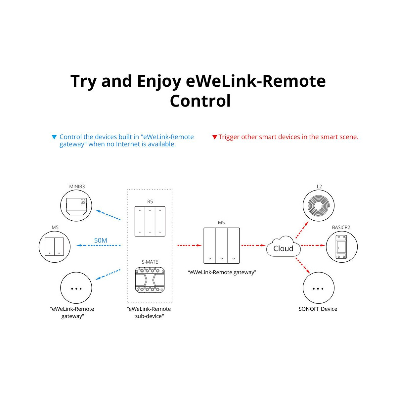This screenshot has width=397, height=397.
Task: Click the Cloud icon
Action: click(283, 246)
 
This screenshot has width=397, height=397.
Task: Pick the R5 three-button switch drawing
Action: click(150, 221)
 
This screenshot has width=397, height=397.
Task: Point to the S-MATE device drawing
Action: click(150, 280)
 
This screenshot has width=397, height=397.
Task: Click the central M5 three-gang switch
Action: click(222, 245)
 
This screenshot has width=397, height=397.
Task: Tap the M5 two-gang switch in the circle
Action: click(54, 246)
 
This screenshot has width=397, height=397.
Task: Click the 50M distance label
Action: click(101, 241)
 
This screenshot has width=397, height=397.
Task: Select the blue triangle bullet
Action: click(54, 137)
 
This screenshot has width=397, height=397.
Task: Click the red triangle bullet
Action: click(215, 137)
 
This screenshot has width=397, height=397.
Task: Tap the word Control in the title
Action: click(200, 101)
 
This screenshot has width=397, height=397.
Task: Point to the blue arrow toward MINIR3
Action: click(108, 215)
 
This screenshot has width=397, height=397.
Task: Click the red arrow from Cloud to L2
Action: click(302, 230)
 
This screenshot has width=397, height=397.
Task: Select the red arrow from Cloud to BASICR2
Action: click(313, 245)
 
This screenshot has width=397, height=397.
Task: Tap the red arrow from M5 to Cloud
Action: click(253, 245)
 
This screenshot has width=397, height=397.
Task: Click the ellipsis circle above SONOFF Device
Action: click(319, 288)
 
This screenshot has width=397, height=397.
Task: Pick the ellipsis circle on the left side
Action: click(76, 288)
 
